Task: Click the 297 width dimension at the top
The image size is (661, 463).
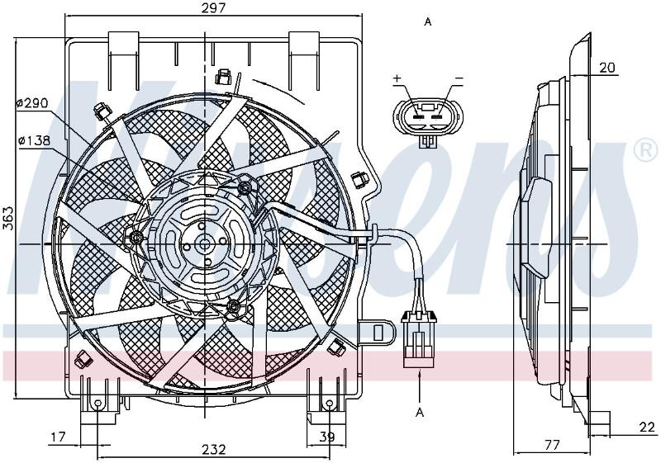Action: coord(213,7)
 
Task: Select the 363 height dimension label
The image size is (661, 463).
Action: coord(8,218)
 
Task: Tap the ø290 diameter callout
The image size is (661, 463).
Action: coord(33,102)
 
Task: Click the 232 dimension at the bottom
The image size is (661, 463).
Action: coord(213,449)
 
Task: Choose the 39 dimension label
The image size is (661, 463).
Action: coord(326,437)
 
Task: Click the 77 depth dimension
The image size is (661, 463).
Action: coord(552,445)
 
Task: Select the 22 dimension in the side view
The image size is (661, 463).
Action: coord(647,428)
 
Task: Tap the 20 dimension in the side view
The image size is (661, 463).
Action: coord(607,68)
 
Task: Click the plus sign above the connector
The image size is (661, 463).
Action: coord(397,78)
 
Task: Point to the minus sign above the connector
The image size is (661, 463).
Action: coord(459,78)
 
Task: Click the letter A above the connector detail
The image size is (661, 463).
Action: coord(428,22)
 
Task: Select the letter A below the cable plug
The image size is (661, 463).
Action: coord(420,413)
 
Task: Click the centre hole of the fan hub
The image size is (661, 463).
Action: coord(205,244)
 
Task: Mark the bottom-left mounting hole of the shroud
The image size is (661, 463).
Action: coord(97,404)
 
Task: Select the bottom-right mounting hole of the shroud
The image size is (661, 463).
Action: coord(330,404)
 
